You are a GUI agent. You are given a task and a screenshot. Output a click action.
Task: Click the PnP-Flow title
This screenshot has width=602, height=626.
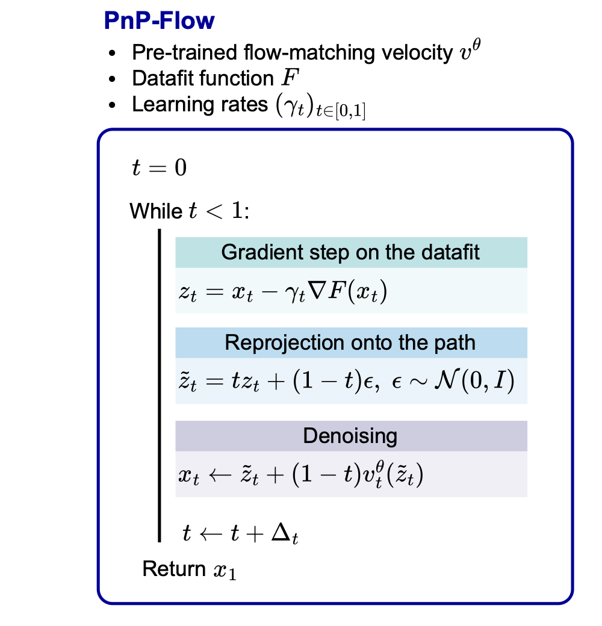click(x=159, y=21)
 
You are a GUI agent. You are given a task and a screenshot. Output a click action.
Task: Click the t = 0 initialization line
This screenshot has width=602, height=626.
click(x=159, y=168)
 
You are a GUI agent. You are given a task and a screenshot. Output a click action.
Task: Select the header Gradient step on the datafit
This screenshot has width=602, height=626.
click(x=351, y=252)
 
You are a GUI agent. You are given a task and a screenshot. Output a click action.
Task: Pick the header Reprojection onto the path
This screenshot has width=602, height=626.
click(x=350, y=343)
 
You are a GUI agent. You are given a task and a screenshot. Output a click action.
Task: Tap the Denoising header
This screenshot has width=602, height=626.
click(x=350, y=436)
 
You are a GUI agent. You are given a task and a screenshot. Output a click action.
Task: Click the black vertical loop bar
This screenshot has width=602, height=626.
click(x=160, y=385)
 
